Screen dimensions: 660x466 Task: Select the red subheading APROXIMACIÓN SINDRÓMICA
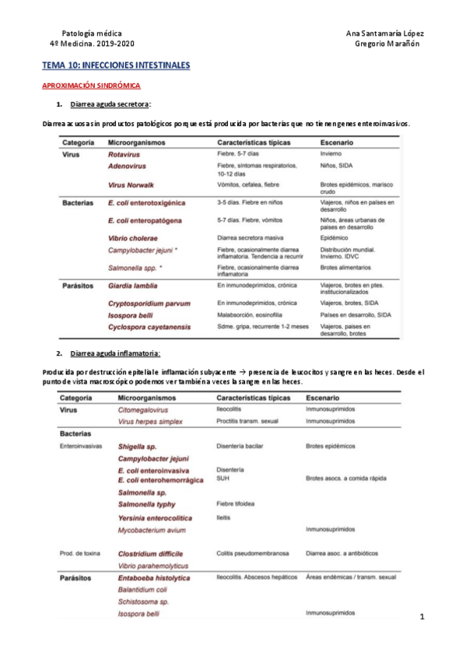coord(90,86)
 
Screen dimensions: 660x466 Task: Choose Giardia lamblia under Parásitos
coord(133,286)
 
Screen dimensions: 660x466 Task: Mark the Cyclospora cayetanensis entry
coord(149,327)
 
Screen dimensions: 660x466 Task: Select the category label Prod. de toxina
coord(80,553)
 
